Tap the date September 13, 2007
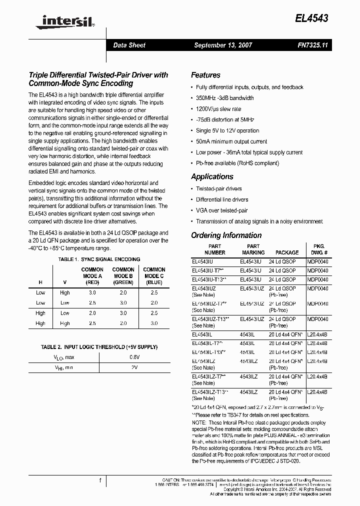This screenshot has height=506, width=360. pos(223,45)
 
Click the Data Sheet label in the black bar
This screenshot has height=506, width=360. pos(129,45)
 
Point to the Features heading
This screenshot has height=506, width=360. pos(205,75)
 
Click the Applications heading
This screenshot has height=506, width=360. pos(212,176)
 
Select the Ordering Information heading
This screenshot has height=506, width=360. pos(226,235)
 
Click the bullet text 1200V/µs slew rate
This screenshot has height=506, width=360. pos(218,109)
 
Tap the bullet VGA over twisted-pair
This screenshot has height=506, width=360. pos(221,210)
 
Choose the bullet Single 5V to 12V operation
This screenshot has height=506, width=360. pos(227,130)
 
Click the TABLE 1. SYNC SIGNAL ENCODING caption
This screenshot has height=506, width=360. pos(99,259)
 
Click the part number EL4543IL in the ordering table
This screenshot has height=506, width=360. pos(202,334)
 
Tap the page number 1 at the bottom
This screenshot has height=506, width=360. pos(100,480)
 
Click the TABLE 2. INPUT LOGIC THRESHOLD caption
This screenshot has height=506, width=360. pos(99,347)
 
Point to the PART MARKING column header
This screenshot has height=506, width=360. pos(253,249)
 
